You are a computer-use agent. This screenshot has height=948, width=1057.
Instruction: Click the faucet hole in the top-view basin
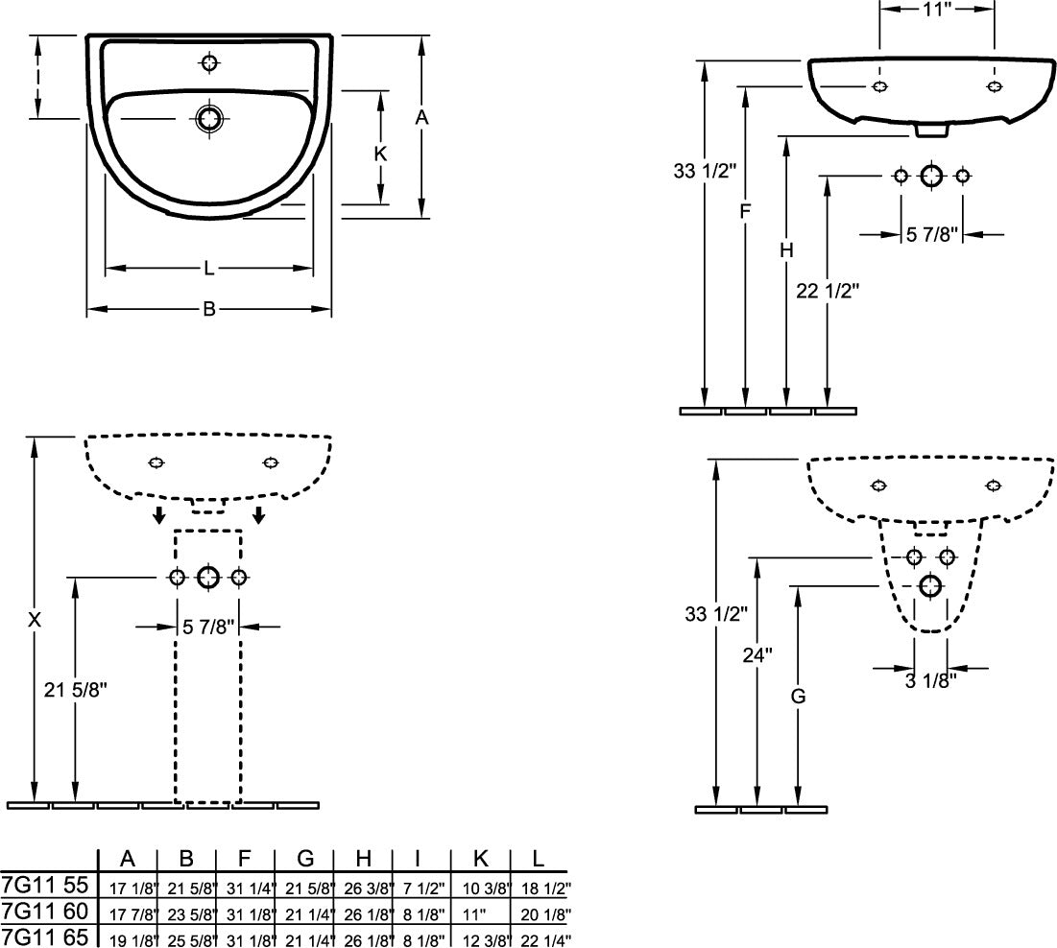pyautogui.click(x=209, y=62)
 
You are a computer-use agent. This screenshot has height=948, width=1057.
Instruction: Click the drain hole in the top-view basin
pyautogui.click(x=209, y=119)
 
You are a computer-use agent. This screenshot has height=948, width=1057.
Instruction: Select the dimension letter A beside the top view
pyautogui.click(x=421, y=118)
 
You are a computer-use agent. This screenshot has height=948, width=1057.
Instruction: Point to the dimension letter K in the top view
pyautogui.click(x=380, y=154)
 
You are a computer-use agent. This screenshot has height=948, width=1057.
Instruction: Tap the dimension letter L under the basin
pyautogui.click(x=209, y=269)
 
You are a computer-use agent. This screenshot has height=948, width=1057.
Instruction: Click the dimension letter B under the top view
pyautogui.click(x=209, y=309)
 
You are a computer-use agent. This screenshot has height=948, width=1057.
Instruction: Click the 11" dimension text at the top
pyautogui.click(x=937, y=9)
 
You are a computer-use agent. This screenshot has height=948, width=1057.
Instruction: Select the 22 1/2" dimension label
pyautogui.click(x=828, y=291)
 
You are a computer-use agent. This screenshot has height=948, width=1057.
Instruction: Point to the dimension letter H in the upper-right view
pyautogui.click(x=786, y=250)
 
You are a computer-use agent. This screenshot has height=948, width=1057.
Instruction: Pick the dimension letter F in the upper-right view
pyautogui.click(x=745, y=211)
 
